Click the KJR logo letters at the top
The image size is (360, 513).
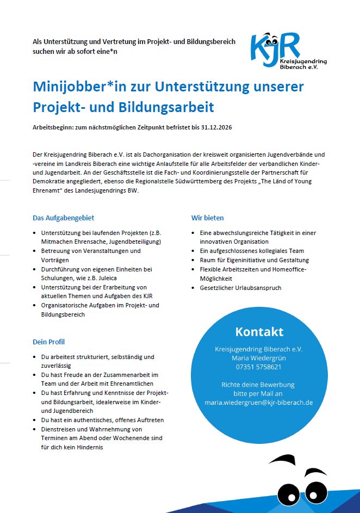coord(275,47)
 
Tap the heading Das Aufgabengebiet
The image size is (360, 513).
coord(64,218)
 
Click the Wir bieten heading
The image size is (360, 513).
coord(207,218)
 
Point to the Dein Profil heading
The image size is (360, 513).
coord(49,342)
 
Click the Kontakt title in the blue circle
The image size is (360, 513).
coord(259,331)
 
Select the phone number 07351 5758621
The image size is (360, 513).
coord(259,367)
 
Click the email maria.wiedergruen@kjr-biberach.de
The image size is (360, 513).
coord(259,403)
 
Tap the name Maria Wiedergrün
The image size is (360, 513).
coord(259,358)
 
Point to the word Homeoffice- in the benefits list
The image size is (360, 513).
coord(289,269)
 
